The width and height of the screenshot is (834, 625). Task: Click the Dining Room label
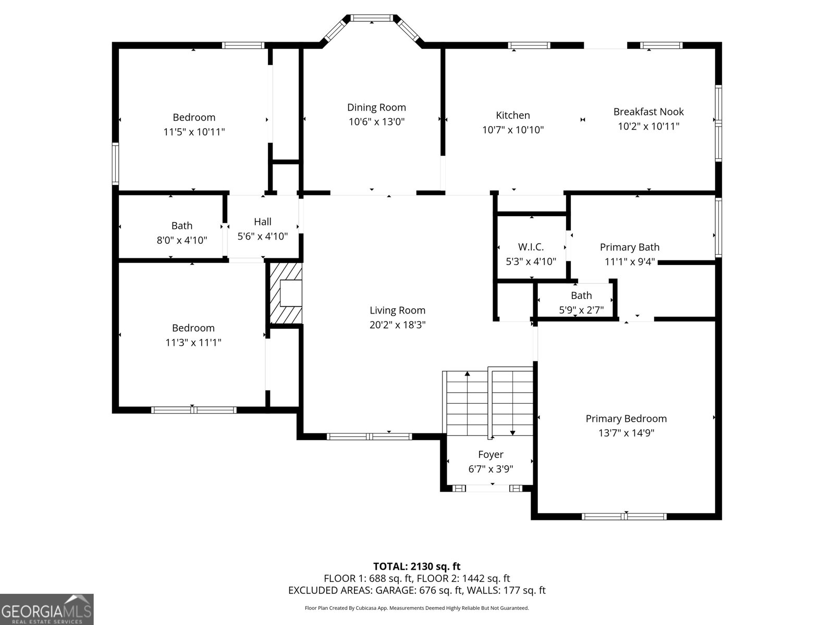click(x=376, y=107)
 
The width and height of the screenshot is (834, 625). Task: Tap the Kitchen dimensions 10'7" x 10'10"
click(x=513, y=130)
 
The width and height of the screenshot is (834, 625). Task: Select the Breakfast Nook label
click(x=648, y=111)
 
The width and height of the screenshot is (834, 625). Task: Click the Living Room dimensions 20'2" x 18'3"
click(x=397, y=325)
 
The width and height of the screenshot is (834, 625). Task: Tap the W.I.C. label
click(x=531, y=247)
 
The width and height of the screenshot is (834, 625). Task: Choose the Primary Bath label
click(x=630, y=247)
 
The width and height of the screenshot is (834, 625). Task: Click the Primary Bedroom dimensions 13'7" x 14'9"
click(x=626, y=433)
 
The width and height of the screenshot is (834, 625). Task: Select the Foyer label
click(x=491, y=455)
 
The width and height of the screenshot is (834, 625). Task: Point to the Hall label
click(x=263, y=222)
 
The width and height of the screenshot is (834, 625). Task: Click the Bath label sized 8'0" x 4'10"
click(x=182, y=226)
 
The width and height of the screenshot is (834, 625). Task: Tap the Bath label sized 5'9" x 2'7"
click(x=581, y=295)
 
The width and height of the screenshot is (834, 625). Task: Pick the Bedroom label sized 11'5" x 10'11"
click(x=194, y=117)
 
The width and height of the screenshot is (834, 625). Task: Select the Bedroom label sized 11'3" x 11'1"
click(x=193, y=328)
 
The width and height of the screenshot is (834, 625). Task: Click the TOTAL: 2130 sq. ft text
click(x=417, y=567)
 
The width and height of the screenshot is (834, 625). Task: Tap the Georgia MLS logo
click(x=46, y=609)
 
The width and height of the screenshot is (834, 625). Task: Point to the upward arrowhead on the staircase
click(x=468, y=374)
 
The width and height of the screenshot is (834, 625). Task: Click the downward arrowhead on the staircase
click(x=512, y=433)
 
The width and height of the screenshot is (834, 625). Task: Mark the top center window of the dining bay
click(x=372, y=18)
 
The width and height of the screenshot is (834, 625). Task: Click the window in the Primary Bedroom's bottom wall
click(x=624, y=517)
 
